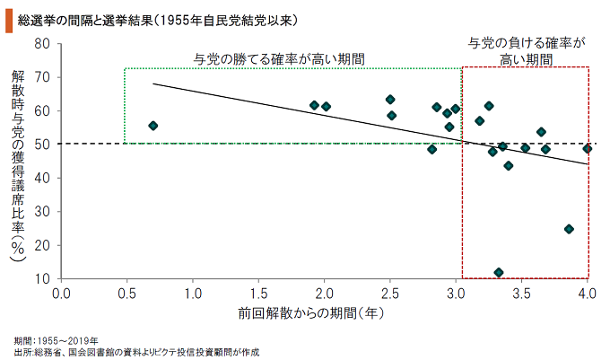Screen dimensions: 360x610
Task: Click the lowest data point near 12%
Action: [499, 272]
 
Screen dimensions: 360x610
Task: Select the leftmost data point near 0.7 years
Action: [153, 126]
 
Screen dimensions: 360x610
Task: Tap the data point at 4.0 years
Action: [587, 148]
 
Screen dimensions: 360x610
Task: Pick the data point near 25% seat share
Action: [569, 229]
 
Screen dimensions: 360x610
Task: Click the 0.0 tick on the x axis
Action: [62, 293]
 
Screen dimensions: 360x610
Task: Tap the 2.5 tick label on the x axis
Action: [390, 293]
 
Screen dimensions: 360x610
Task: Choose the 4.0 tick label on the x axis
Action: [588, 293]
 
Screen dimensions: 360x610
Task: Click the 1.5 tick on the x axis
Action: [259, 293]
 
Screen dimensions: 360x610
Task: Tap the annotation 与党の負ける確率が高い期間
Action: [527, 50]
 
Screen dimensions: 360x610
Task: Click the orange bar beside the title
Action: [8, 18]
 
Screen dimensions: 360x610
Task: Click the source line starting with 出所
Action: [135, 352]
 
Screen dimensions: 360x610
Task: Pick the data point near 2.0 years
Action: [327, 107]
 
